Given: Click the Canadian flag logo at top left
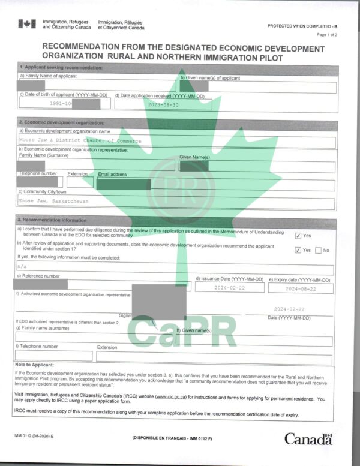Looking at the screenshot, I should tap(27, 23).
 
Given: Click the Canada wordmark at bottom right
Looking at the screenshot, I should tap(308, 439).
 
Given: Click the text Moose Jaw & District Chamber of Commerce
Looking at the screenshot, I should tap(80, 141).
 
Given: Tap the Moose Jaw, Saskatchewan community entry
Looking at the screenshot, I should tap(53, 201).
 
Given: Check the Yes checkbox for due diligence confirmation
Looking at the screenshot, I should tap(298, 236).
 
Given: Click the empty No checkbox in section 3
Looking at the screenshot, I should tap(318, 250).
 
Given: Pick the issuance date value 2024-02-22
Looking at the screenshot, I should tap(230, 288).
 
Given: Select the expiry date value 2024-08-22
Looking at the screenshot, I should tap(301, 288).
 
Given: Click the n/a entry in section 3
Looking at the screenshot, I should tap(22, 266).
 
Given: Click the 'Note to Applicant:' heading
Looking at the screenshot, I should tap(34, 365).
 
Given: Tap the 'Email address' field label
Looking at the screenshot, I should tap(113, 174).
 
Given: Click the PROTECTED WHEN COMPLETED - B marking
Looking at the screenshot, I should tap(302, 26).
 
